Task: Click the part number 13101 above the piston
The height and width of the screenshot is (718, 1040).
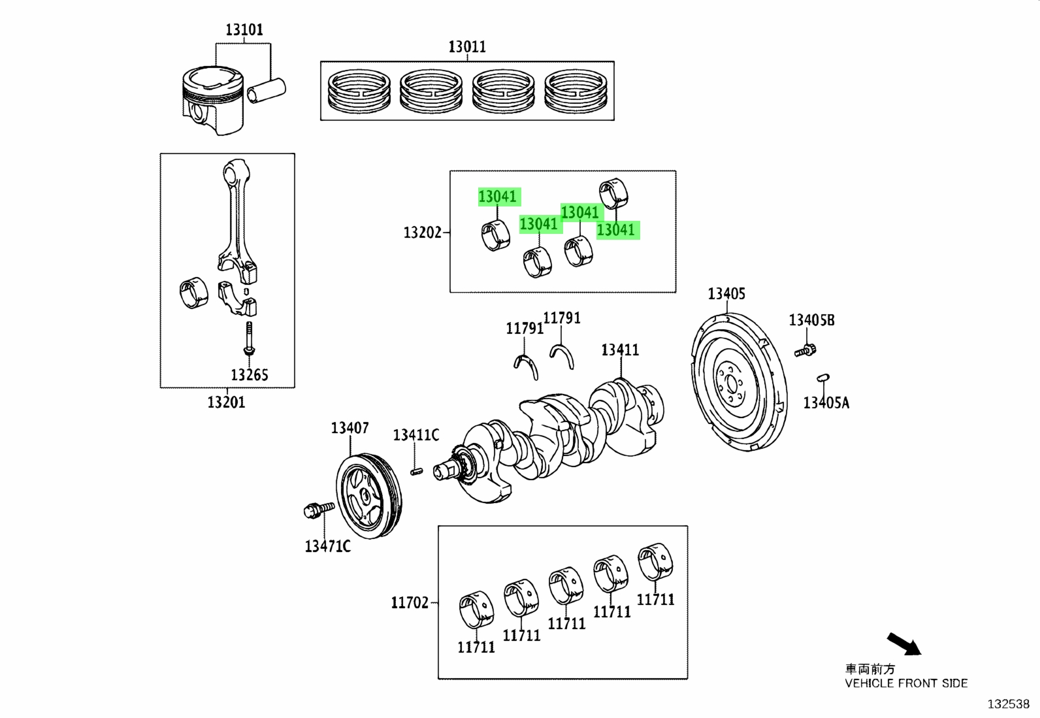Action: [x=244, y=29]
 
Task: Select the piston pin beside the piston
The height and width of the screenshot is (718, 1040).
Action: [x=267, y=91]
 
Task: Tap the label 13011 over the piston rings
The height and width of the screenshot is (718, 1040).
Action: [x=467, y=47]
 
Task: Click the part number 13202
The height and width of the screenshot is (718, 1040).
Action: [x=423, y=232]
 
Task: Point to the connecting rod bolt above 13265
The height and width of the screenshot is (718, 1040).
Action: [x=250, y=338]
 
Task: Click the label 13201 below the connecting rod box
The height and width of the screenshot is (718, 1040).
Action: [x=226, y=402]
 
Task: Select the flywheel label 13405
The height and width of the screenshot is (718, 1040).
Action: [x=726, y=293]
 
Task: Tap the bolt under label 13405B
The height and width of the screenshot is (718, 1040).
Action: [x=805, y=350]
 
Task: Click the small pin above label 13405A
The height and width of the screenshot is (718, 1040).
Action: [x=823, y=378]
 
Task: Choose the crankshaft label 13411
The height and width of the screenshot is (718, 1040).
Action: [x=621, y=350]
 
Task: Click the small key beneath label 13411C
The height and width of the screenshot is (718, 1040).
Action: [x=417, y=472]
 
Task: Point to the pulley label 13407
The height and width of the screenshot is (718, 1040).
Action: [x=350, y=428]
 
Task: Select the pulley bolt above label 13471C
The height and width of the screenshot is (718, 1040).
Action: [x=319, y=510]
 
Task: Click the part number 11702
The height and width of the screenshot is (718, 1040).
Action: [x=410, y=602]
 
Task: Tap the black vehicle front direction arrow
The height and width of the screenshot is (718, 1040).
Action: [x=904, y=644]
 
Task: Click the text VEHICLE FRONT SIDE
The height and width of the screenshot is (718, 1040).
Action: [x=906, y=683]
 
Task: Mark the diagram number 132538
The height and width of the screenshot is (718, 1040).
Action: [x=1009, y=704]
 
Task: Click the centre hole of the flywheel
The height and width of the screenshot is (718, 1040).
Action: [x=730, y=385]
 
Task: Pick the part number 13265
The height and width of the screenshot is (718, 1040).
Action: [x=250, y=375]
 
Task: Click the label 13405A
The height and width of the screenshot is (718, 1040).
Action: [x=826, y=402]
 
